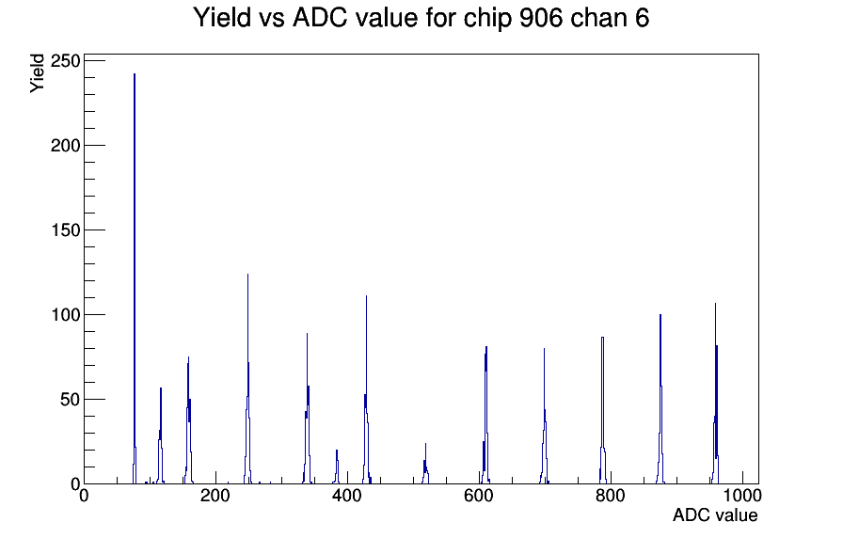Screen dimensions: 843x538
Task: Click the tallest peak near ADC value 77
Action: pyautogui.click(x=135, y=279)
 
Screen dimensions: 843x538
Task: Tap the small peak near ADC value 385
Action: pyautogui.click(x=337, y=467)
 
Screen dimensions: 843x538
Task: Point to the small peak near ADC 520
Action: pyautogui.click(x=425, y=465)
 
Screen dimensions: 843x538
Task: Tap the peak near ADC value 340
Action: pyautogui.click(x=307, y=408)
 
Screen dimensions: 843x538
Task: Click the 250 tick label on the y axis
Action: pyautogui.click(x=65, y=61)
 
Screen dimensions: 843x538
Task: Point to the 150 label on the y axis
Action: pyautogui.click(x=65, y=230)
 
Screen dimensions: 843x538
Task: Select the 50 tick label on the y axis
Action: pyautogui.click(x=71, y=400)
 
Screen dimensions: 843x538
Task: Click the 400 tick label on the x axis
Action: pyautogui.click(x=347, y=496)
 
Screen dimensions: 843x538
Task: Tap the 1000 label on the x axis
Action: pyautogui.click(x=741, y=496)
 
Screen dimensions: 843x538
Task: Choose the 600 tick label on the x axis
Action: pyautogui.click(x=479, y=496)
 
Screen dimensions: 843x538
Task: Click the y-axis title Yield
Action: pyautogui.click(x=37, y=73)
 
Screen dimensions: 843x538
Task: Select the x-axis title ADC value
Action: pyautogui.click(x=715, y=514)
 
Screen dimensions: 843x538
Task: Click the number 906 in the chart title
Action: pyautogui.click(x=541, y=18)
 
